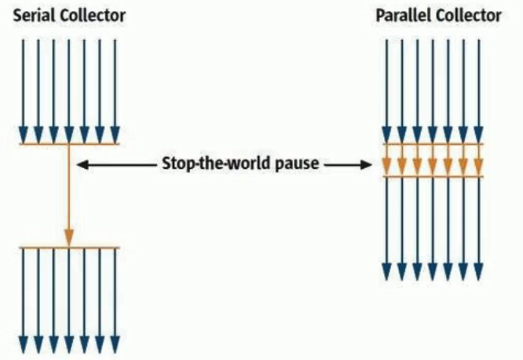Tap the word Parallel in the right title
tap(403, 16)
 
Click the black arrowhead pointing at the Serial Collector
tap(82, 165)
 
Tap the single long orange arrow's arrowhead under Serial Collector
tap(69, 237)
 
